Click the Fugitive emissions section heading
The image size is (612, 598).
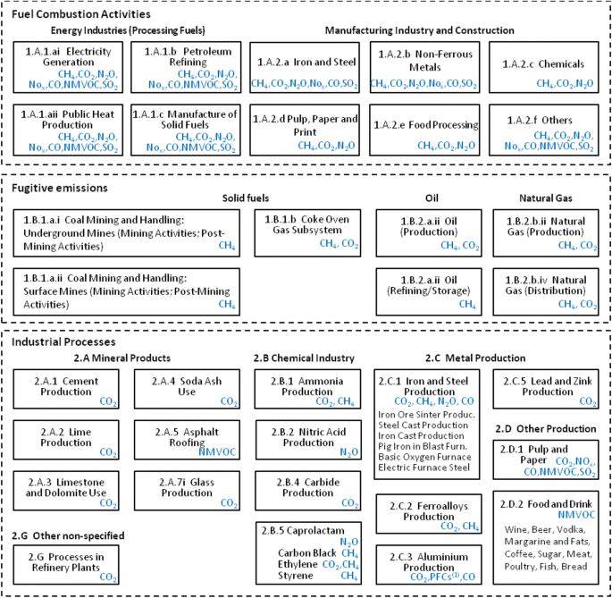[x=60, y=188]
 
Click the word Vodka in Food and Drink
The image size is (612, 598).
[x=572, y=528]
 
